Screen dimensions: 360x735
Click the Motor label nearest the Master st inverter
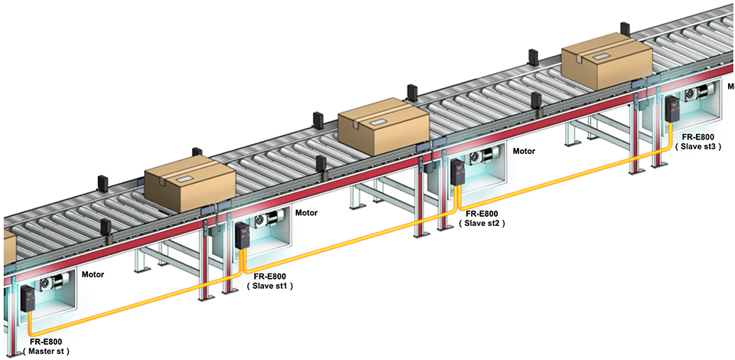(93, 273)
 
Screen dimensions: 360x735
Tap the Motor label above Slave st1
(306, 212)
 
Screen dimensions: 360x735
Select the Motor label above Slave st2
(524, 152)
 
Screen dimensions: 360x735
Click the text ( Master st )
(46, 352)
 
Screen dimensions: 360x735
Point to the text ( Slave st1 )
(270, 285)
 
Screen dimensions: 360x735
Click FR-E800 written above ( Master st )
(46, 341)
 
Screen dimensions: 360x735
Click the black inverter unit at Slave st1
(243, 235)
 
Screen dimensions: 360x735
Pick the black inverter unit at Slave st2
(458, 172)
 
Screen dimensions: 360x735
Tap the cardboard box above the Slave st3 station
(606, 64)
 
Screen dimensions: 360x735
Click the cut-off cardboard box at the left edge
(7, 248)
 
